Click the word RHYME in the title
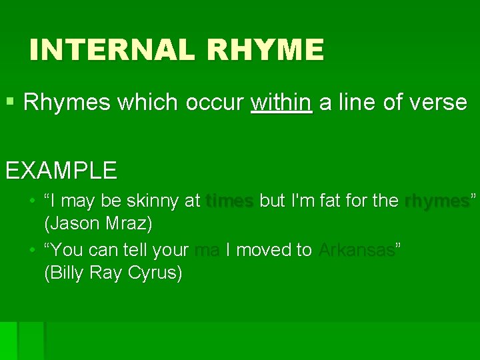tap(265, 51)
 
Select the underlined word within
tap(281, 103)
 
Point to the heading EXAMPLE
tap(61, 170)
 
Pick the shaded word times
tap(230, 201)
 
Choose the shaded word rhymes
tap(437, 201)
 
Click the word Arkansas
tap(357, 250)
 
